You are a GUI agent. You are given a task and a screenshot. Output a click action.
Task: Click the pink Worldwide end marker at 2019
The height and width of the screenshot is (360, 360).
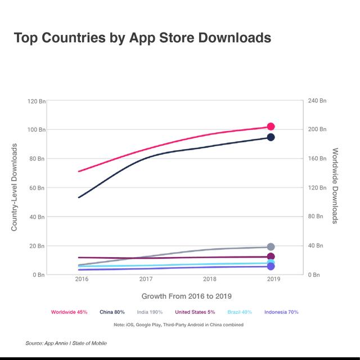tap(271, 127)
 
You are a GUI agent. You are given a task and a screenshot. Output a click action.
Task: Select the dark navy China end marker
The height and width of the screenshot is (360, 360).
tap(271, 137)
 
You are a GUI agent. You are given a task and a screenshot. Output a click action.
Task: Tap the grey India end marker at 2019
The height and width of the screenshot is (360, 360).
tap(271, 247)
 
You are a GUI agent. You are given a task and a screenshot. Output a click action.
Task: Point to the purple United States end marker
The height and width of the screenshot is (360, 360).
tap(271, 256)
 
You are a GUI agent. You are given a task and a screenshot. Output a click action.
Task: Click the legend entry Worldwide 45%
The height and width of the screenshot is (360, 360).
tap(69, 312)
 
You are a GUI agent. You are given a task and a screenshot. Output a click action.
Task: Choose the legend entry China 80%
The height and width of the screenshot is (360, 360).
tap(112, 312)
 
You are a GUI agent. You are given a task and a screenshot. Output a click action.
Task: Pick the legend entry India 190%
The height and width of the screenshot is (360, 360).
tap(149, 312)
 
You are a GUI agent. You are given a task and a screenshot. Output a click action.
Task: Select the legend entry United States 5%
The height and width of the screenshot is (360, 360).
tap(195, 312)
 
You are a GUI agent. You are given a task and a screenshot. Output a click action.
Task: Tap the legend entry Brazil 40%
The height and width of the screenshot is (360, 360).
tap(240, 312)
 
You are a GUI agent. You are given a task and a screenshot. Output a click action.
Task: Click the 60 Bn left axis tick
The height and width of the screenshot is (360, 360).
tap(38, 188)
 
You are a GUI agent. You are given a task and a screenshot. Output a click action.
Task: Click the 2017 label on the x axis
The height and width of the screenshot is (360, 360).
tap(146, 280)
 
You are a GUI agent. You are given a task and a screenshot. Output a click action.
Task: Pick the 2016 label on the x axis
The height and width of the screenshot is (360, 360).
tap(82, 280)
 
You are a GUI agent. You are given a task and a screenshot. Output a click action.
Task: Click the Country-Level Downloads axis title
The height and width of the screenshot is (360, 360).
tap(15, 187)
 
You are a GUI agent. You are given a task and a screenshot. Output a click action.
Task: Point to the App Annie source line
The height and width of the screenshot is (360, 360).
tap(66, 343)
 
